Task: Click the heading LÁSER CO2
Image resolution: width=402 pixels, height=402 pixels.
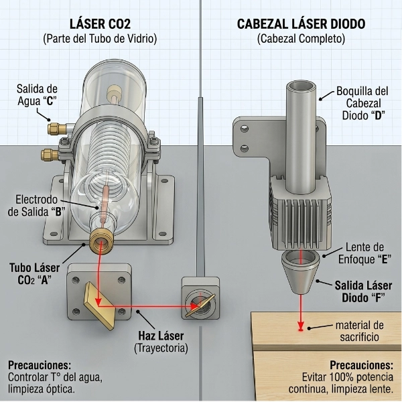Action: point(100,24)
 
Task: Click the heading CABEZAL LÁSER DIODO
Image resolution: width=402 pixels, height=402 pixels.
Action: point(301,24)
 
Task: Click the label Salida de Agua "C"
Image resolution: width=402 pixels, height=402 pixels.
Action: point(37,95)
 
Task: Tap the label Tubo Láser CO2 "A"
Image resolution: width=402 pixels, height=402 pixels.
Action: point(35,274)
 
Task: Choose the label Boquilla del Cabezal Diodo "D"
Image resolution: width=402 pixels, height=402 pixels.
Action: point(362,103)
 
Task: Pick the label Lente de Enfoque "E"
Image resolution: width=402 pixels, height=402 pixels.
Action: point(364,253)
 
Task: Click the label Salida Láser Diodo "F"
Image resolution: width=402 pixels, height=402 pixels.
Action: point(363,291)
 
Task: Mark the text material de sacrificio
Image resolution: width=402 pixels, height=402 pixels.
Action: point(359,331)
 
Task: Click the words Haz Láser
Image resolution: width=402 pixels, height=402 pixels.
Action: point(161,336)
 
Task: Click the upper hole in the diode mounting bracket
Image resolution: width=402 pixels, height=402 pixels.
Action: point(245,128)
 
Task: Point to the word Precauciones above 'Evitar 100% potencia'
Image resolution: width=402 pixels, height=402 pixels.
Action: point(362,365)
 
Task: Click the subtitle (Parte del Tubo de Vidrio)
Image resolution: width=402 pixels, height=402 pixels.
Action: point(100,39)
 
